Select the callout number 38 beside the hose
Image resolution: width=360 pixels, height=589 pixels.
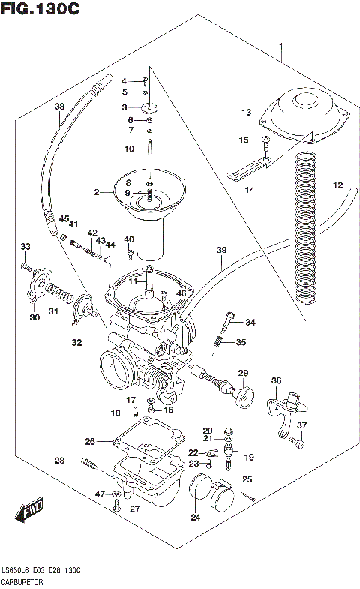[60, 106]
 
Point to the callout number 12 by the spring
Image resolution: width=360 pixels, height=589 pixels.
[337, 185]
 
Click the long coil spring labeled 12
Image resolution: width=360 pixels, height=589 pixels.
[307, 233]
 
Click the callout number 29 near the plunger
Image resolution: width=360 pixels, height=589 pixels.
[243, 373]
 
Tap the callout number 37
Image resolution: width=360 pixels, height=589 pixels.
[302, 426]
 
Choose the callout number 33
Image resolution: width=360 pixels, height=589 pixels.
[25, 247]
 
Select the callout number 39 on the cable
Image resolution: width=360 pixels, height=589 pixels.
[220, 249]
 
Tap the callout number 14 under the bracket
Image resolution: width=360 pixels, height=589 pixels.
[250, 190]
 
